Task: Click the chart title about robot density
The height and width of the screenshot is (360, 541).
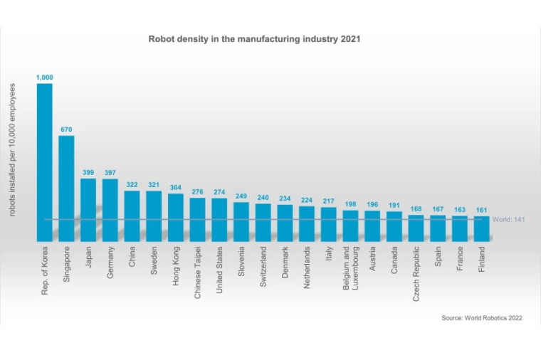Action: point(254,39)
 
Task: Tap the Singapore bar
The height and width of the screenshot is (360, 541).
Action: point(66,188)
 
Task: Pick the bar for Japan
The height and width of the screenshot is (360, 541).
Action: point(88,209)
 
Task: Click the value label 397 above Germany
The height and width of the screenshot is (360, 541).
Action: point(110,171)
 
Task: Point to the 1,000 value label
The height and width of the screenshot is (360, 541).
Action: point(44,76)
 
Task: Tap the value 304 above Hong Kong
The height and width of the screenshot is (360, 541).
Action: point(176,187)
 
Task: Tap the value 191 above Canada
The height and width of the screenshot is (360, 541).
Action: point(394,204)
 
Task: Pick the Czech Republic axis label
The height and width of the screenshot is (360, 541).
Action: point(416,274)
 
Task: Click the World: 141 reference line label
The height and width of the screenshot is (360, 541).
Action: point(510,220)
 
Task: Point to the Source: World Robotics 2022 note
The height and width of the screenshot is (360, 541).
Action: point(482,318)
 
